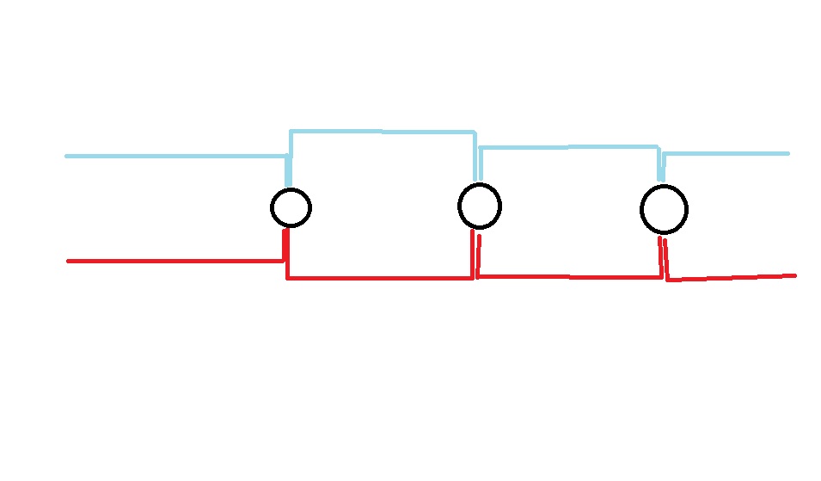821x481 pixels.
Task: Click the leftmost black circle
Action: (x=291, y=207)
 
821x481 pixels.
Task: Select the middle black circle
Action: (x=479, y=206)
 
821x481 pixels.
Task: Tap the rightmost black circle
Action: (x=664, y=209)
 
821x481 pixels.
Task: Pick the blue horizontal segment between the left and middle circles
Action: (x=383, y=132)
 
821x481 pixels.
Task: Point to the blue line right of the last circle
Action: (x=726, y=154)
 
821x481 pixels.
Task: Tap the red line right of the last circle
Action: (x=731, y=277)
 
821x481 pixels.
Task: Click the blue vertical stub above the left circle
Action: (x=290, y=170)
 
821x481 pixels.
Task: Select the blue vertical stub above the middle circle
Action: (x=478, y=166)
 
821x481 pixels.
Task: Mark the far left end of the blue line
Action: (x=68, y=156)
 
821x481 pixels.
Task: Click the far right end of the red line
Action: (x=793, y=275)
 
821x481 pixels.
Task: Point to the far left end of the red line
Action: (x=69, y=261)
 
